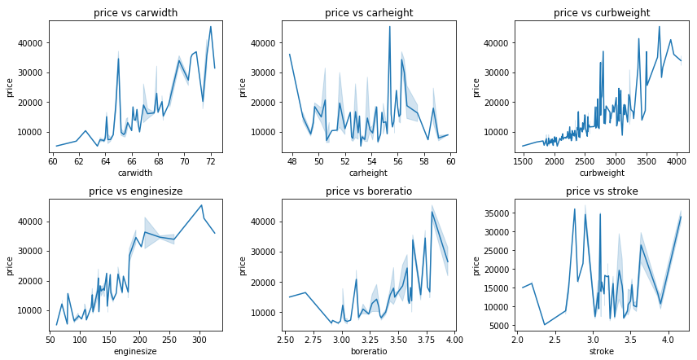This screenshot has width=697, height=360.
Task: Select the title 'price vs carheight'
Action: (369, 12)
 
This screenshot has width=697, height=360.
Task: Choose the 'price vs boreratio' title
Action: (369, 191)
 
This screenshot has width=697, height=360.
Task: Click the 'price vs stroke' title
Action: (602, 191)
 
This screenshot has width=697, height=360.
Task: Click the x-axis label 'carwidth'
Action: (136, 173)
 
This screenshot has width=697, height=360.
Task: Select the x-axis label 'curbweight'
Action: (602, 173)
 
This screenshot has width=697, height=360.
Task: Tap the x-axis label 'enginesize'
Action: (136, 352)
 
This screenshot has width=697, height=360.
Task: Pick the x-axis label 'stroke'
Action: (602, 352)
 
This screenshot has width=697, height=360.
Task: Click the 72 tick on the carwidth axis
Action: (211, 161)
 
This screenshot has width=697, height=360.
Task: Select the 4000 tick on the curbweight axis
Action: (675, 161)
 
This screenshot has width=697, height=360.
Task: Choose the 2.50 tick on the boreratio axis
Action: (286, 340)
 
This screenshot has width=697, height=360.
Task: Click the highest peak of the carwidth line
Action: (211, 27)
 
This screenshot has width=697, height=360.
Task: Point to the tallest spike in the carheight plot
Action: (389, 27)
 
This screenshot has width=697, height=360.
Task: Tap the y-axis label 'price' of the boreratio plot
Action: (243, 265)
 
